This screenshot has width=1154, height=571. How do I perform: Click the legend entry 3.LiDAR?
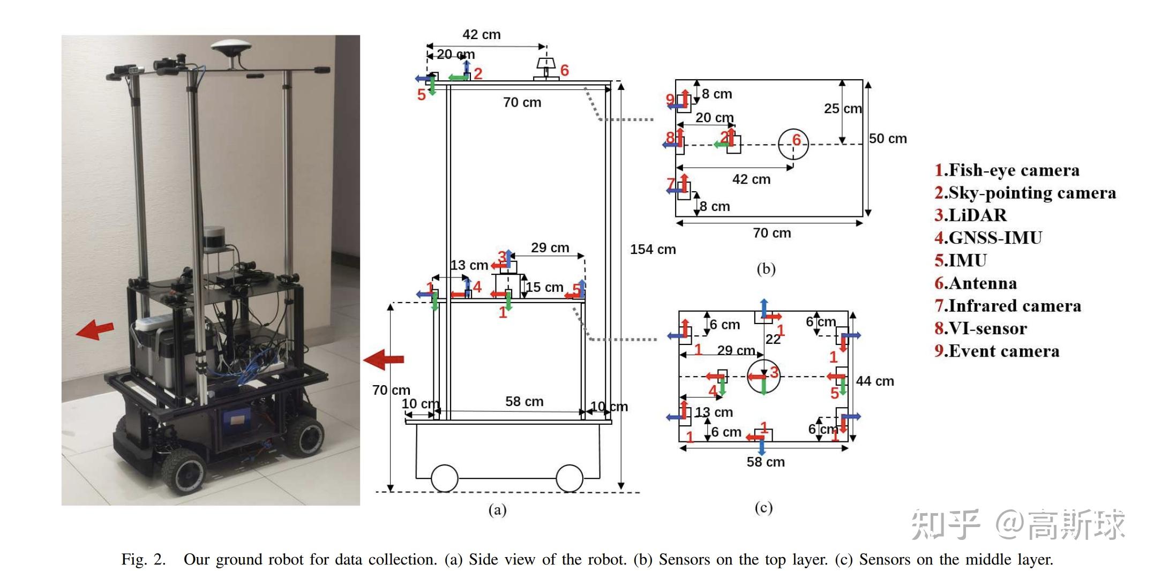coord(970,215)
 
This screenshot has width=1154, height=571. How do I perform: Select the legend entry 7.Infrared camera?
coord(1007,306)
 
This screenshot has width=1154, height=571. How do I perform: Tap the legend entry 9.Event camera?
coord(996,351)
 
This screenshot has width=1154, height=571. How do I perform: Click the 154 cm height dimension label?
coord(653,250)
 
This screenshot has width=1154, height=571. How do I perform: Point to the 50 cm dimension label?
coord(888,139)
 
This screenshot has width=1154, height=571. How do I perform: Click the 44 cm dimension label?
coord(874,381)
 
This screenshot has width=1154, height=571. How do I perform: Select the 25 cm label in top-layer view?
coord(842,109)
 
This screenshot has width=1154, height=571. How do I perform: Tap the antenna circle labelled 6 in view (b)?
coord(793,144)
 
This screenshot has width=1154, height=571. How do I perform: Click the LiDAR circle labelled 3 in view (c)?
coord(763,377)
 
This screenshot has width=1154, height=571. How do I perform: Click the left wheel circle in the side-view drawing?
coord(444,478)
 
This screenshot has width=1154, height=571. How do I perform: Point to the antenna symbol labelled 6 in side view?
coord(546,69)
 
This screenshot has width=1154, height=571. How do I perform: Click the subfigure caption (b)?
coord(766,269)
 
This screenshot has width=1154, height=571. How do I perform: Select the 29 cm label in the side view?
coord(550,248)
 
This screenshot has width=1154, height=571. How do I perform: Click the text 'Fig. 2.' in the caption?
coord(144,560)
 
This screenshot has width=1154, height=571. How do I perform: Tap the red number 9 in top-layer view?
coord(670,99)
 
